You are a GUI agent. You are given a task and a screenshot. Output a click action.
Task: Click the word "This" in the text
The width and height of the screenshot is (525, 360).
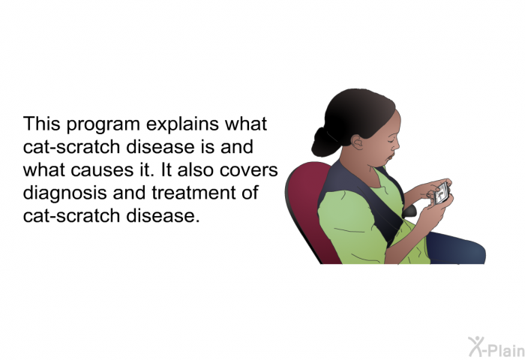(41, 124)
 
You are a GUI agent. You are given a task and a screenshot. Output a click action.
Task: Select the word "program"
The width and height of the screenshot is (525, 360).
(103, 125)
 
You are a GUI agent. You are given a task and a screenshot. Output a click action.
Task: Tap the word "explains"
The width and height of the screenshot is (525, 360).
(182, 124)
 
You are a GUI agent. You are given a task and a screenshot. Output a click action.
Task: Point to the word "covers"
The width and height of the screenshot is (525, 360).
(249, 171)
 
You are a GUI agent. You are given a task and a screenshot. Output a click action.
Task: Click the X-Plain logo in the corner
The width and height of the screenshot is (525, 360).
(496, 346)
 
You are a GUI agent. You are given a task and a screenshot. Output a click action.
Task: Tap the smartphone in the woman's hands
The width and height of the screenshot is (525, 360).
(442, 194)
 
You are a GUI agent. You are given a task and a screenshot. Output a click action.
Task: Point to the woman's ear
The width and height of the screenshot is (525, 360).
(357, 142)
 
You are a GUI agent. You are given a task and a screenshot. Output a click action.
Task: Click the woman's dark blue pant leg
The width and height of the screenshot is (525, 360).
(456, 248)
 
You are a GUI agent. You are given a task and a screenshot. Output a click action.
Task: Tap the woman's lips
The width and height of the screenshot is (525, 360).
(390, 157)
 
